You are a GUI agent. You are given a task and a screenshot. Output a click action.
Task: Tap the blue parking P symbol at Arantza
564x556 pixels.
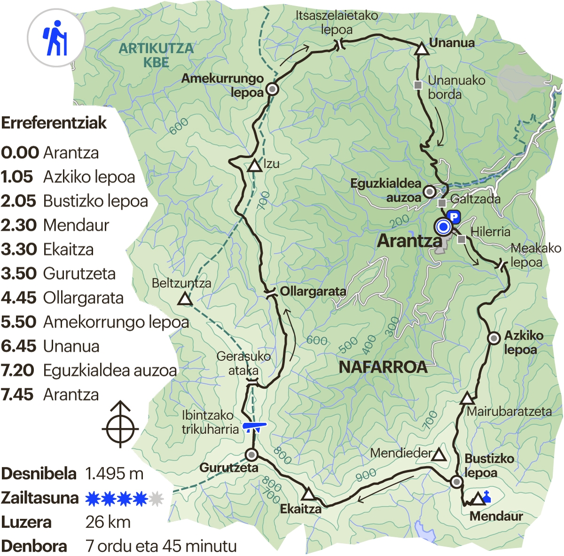[454, 217]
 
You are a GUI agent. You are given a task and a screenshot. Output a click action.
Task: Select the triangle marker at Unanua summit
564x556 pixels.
[422, 49]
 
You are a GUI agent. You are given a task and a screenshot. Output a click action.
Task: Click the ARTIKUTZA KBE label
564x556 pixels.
[156, 55]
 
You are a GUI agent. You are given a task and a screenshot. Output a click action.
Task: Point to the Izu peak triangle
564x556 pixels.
[255, 165]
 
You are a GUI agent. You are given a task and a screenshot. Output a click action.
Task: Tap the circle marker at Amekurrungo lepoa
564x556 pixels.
[272, 89]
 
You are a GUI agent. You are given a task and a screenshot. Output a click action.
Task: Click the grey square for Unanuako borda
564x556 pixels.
[418, 85]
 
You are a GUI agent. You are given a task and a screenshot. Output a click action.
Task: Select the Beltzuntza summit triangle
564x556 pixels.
[185, 299]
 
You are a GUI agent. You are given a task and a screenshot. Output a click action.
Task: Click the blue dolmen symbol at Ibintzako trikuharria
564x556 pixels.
[254, 427]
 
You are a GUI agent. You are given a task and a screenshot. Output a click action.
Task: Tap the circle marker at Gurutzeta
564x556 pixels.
[251, 454]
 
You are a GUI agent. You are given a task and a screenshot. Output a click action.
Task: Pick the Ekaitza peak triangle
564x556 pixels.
[308, 494]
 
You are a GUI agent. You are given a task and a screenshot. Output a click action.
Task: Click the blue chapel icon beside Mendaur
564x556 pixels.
[487, 496]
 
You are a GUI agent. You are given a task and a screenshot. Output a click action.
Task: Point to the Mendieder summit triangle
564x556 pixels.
[439, 454]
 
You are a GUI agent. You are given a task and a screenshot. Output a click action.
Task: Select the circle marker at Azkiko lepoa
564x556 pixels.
[493, 338]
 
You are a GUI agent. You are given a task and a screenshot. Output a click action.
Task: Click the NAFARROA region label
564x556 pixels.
[383, 367]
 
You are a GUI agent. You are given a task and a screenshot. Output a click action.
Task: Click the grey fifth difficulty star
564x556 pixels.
[156, 498]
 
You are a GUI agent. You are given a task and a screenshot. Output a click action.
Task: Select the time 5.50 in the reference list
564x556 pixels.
[19, 322]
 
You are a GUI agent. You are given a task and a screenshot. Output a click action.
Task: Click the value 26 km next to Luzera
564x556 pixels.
[108, 522]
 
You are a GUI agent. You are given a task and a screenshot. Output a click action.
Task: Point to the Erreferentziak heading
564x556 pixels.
[54, 123]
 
